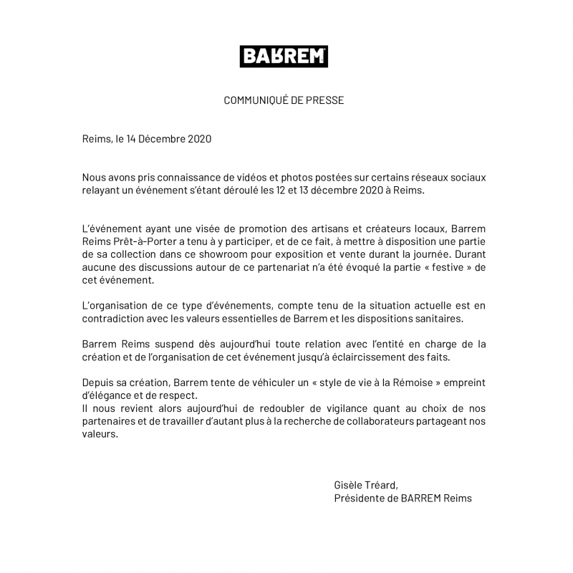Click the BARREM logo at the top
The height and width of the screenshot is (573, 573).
(284, 56)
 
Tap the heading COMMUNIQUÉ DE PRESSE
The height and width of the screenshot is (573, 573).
(284, 100)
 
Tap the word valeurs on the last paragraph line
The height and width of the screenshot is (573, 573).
(99, 435)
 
